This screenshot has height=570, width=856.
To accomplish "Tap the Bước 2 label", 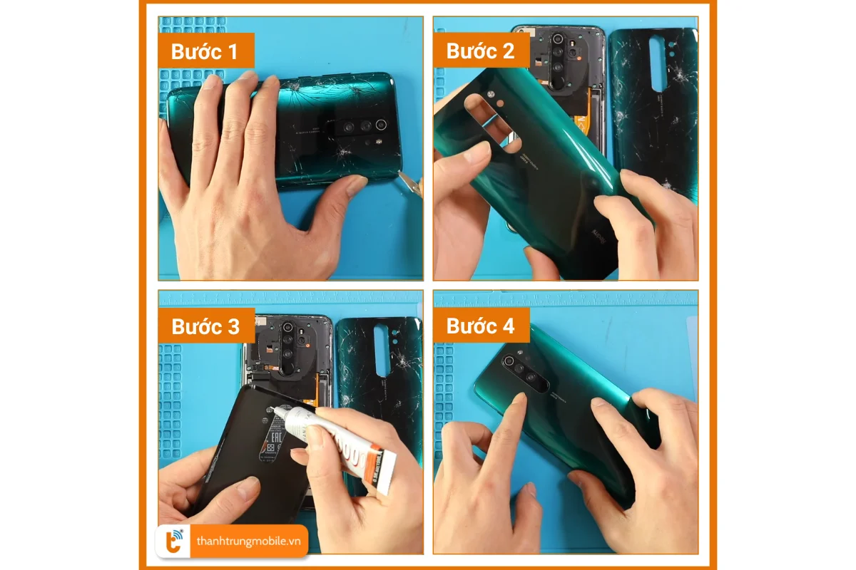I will tap(479, 51).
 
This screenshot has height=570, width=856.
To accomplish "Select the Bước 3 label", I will tap(205, 326).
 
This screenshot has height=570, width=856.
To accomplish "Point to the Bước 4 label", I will tap(480, 326).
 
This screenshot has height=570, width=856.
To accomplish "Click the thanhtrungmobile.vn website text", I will tap(249, 541).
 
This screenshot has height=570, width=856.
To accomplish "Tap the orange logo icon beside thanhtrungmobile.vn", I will tap(174, 541).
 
